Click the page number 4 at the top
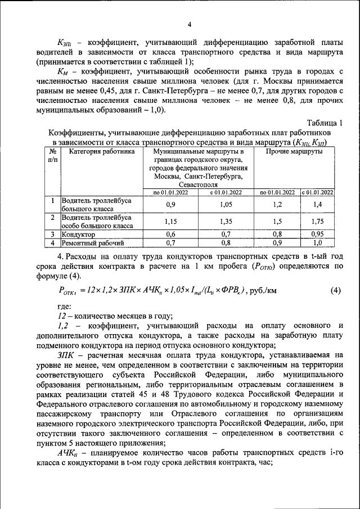coord(189,24)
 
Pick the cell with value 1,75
coord(318,222)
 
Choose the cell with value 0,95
coord(318,234)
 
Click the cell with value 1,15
coord(171,222)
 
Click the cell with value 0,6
coord(171,234)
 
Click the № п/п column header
coord(52,156)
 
